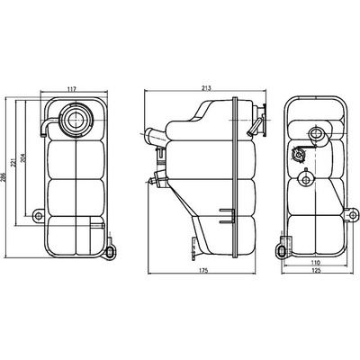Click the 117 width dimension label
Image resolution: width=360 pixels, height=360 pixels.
click(x=72, y=89)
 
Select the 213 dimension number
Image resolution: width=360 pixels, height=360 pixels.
click(x=206, y=88)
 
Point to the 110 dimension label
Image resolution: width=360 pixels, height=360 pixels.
click(x=316, y=263)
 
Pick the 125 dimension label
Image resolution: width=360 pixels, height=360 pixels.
click(x=316, y=270)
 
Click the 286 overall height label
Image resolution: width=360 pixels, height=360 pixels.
click(x=4, y=178)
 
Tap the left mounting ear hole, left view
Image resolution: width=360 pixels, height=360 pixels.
click(x=38, y=216)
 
